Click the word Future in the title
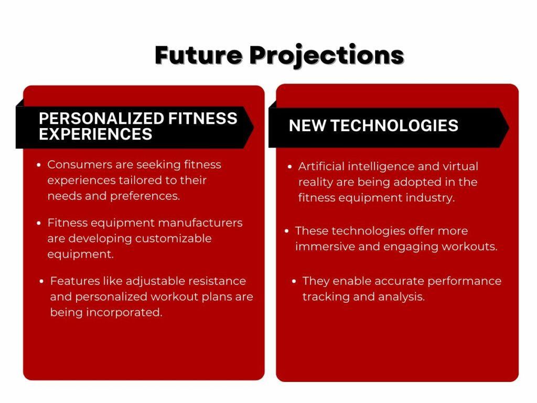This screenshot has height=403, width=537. pos(198,55)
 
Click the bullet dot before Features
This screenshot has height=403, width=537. pos(42,282)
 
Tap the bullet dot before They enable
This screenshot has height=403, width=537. pos(294,282)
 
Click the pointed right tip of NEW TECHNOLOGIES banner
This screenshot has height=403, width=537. pos(508,128)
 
